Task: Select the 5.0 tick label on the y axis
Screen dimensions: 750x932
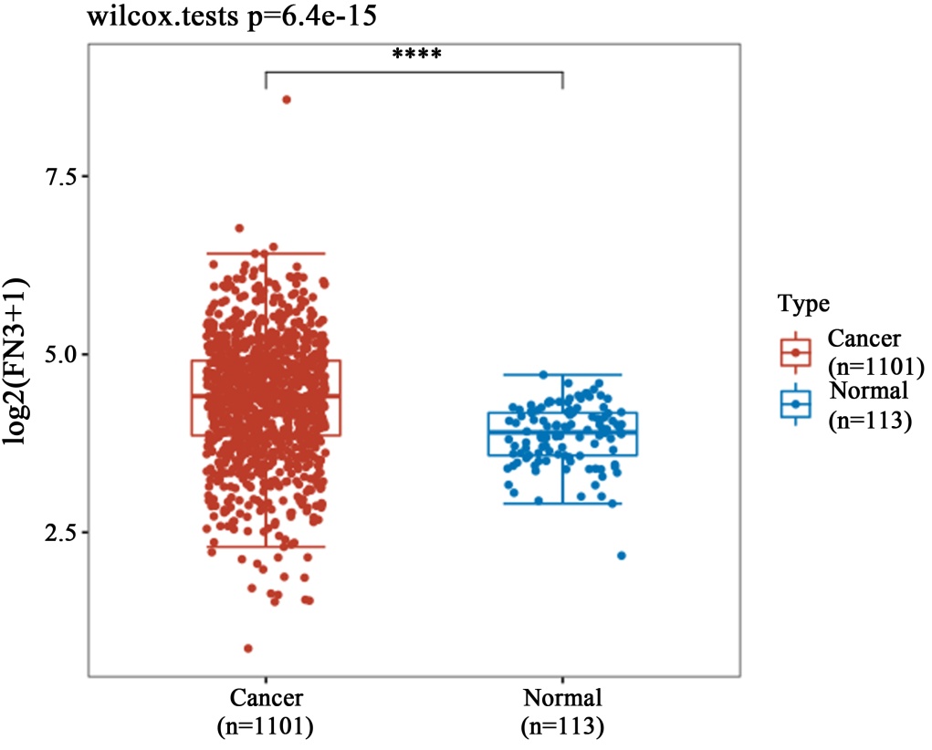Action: coord(61,353)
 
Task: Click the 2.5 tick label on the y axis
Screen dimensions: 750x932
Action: coord(61,531)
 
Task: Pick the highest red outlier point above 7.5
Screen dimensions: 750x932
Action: coord(286,99)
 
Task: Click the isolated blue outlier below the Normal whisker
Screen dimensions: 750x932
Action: coord(622,555)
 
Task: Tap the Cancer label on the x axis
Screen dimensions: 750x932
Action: coord(266,700)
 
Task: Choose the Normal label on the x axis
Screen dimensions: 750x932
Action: coord(562,700)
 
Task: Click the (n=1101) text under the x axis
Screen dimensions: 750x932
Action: coord(266,726)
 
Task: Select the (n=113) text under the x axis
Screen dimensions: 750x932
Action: coord(562,726)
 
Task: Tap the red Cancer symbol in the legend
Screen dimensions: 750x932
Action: coord(796,351)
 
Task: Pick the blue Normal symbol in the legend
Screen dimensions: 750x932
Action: coord(796,403)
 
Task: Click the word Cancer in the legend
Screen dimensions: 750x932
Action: coord(864,339)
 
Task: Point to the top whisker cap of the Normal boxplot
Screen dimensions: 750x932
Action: coord(562,374)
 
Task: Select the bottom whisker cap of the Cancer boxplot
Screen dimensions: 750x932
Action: coord(266,546)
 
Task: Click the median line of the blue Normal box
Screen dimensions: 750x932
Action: coord(562,432)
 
